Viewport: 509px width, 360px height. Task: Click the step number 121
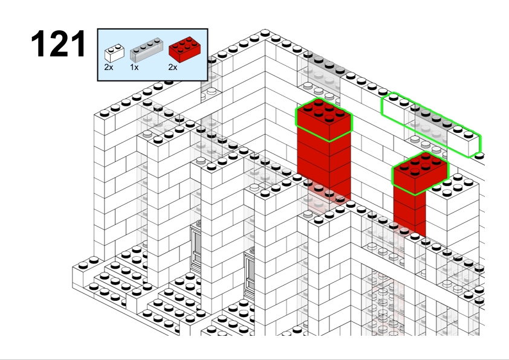pos(59,43)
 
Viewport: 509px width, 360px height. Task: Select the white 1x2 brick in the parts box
pos(114,53)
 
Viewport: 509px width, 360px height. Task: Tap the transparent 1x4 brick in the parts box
pos(146,50)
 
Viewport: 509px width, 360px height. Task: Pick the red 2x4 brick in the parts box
pos(184,50)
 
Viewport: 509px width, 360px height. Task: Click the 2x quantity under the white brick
pos(109,67)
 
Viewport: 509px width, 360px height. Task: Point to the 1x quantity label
pos(134,67)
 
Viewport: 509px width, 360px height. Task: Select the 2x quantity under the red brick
pos(173,67)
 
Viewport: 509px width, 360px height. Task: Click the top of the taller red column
pos(324,120)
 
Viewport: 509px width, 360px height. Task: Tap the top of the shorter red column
pos(420,173)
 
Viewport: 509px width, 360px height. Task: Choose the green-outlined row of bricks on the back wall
pos(431,125)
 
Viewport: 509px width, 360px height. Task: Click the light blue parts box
pos(152,55)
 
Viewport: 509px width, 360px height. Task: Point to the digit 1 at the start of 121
pos(38,43)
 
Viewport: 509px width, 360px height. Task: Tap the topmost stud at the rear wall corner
pos(265,33)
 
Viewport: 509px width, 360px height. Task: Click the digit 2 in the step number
pos(59,43)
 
